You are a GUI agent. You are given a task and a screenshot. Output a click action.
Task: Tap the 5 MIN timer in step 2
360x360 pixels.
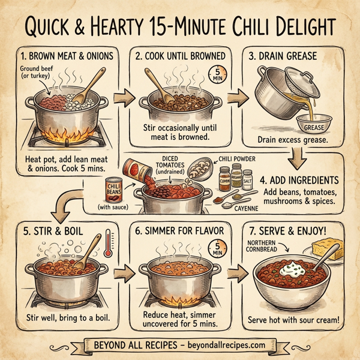point(214,77)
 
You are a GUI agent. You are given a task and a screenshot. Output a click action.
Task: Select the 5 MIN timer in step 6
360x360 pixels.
point(214,248)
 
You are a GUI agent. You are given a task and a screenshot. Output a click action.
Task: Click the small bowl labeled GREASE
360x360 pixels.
point(314,125)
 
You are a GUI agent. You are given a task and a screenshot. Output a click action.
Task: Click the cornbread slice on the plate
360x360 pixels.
point(326,246)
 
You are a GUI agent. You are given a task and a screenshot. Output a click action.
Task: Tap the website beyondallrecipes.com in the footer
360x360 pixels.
point(222,346)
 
